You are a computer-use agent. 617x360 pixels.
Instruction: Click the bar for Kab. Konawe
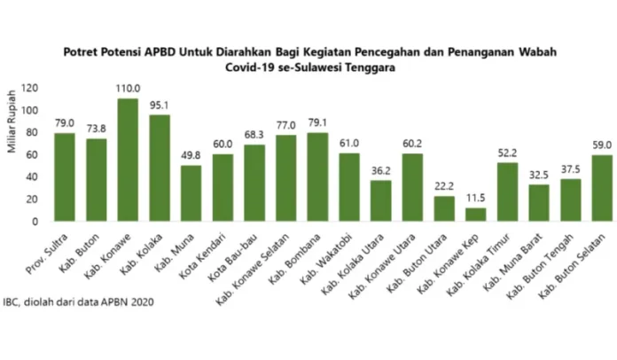click(127, 160)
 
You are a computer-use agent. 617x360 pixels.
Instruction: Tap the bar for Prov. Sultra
click(64, 176)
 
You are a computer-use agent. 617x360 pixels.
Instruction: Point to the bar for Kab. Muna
click(191, 193)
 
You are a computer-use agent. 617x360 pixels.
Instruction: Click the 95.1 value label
click(159, 106)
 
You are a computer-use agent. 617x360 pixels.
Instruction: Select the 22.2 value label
click(445, 186)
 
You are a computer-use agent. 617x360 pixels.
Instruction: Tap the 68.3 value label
click(254, 135)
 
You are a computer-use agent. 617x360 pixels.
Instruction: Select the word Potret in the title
click(84, 51)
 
